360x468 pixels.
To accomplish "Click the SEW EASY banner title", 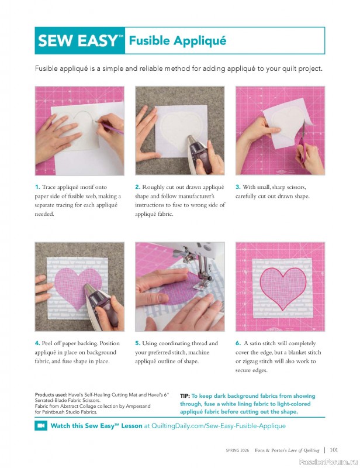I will [x=80, y=41].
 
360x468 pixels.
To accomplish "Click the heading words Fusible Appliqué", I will [x=177, y=41].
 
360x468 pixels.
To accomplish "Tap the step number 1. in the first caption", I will [x=37, y=187].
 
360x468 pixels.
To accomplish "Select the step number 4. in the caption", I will [x=37, y=343].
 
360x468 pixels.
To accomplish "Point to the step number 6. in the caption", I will [x=238, y=343].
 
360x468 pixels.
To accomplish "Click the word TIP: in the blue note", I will [x=185, y=396].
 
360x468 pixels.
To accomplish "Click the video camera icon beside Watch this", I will [x=41, y=426].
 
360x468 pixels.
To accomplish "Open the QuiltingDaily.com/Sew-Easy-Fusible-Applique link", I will [x=218, y=426].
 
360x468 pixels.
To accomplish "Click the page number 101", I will [x=334, y=450].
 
